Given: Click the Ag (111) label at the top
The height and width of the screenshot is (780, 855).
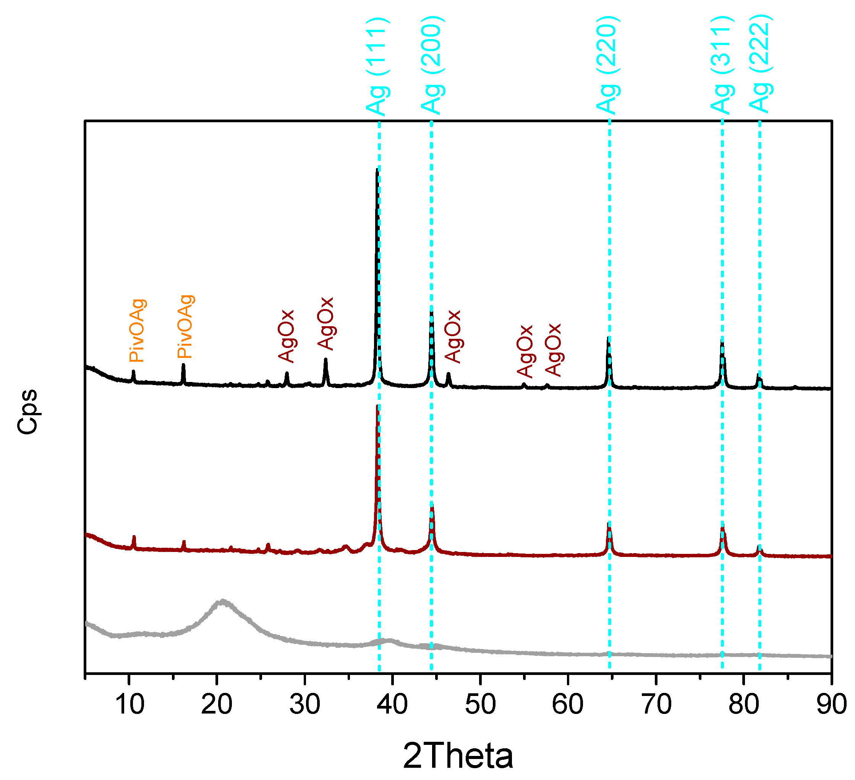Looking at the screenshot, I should click(x=377, y=67).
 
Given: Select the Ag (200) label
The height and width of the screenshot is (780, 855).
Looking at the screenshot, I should click(x=432, y=66).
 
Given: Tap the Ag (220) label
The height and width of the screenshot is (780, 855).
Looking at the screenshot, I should click(x=608, y=66).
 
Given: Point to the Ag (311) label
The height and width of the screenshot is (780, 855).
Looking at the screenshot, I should click(x=722, y=66).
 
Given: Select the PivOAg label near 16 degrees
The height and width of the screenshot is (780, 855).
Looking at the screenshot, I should click(x=185, y=326).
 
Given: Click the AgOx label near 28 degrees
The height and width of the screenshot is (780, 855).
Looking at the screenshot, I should click(x=286, y=337).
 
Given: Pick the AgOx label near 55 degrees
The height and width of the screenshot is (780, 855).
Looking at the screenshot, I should click(x=525, y=351).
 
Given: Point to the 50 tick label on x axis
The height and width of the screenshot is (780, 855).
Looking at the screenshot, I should click(x=480, y=705).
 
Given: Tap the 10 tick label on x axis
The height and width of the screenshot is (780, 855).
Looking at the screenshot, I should click(x=130, y=705).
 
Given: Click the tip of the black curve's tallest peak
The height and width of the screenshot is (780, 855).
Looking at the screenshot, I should click(x=377, y=170).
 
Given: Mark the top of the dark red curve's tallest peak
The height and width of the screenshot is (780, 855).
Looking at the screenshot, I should click(x=377, y=406).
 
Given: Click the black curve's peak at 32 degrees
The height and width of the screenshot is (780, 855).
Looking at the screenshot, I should click(x=326, y=360).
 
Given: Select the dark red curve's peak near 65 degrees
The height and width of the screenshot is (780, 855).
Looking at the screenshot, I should click(x=609, y=525).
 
